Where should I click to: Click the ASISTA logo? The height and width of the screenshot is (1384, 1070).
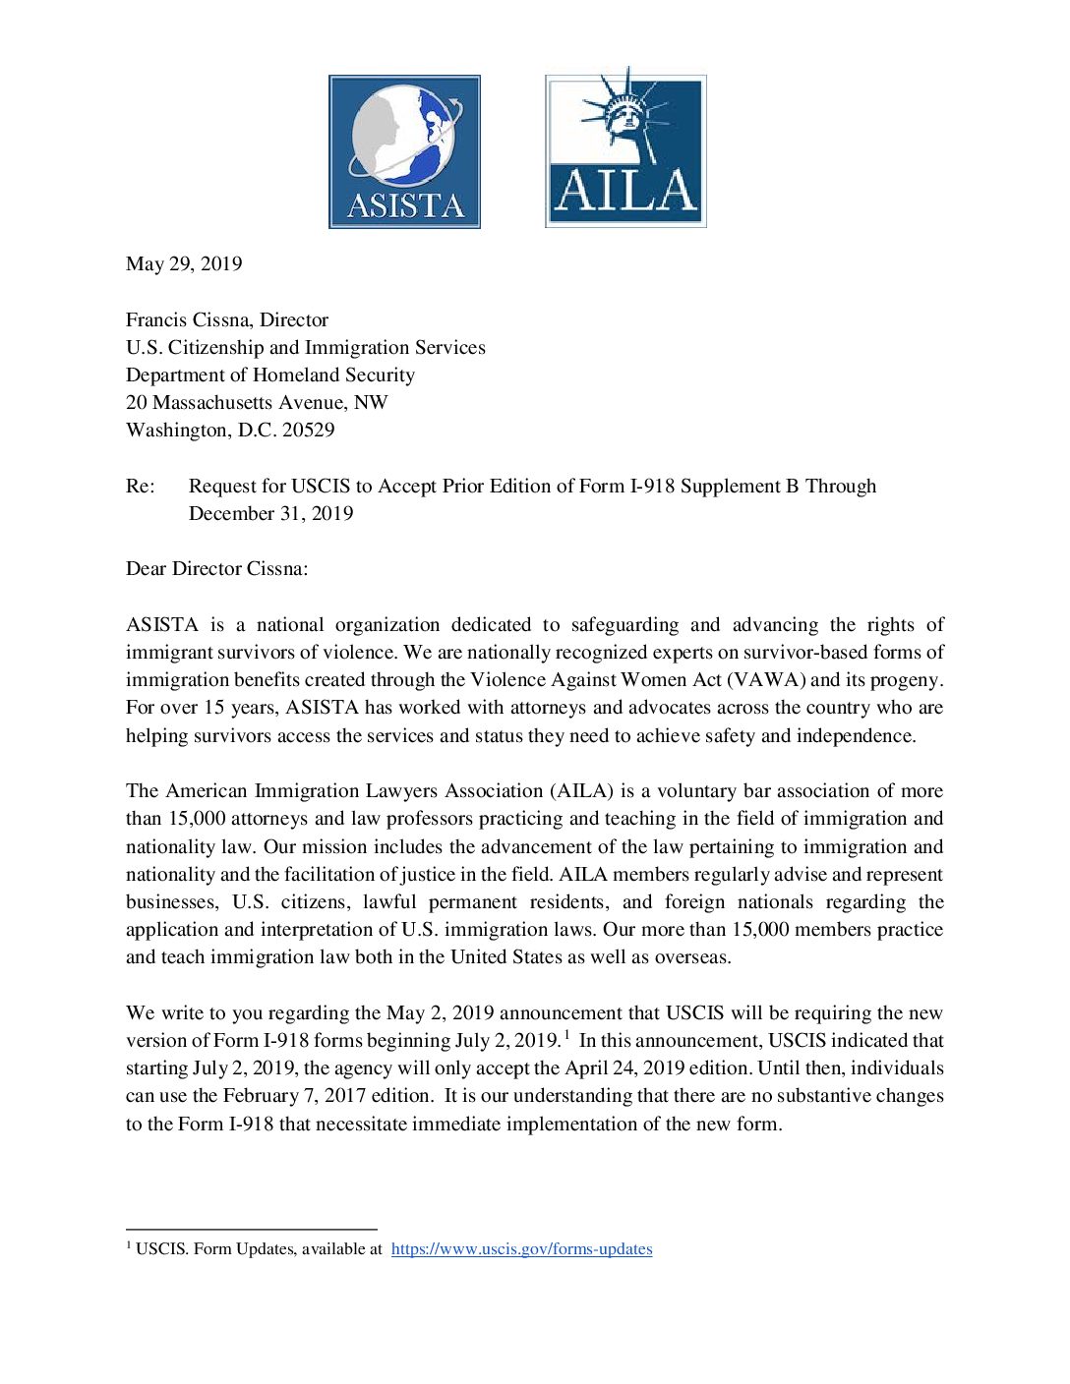click(x=404, y=151)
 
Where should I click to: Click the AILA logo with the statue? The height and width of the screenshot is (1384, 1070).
click(x=625, y=149)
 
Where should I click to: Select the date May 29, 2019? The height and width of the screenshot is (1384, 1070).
click(x=184, y=263)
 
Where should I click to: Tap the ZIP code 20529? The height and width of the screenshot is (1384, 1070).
click(x=308, y=430)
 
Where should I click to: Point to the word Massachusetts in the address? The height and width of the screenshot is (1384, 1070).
click(x=219, y=402)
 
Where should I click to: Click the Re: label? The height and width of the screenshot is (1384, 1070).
click(x=140, y=486)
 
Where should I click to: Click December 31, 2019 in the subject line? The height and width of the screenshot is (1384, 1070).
click(x=270, y=513)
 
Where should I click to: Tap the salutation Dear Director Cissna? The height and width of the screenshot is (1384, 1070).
click(x=216, y=568)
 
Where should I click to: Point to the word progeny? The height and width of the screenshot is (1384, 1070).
click(x=906, y=679)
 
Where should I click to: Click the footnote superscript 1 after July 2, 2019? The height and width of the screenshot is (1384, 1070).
click(x=567, y=1034)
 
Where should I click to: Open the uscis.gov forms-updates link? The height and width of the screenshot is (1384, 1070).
click(x=521, y=1248)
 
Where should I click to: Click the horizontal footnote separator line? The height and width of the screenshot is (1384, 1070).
click(x=252, y=1229)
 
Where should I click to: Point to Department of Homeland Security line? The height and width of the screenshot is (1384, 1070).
click(x=270, y=375)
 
